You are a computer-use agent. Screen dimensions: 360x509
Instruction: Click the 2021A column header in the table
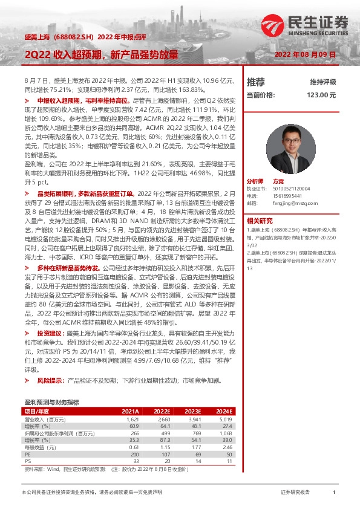130,411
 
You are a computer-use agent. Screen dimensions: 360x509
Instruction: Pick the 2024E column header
224,411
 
